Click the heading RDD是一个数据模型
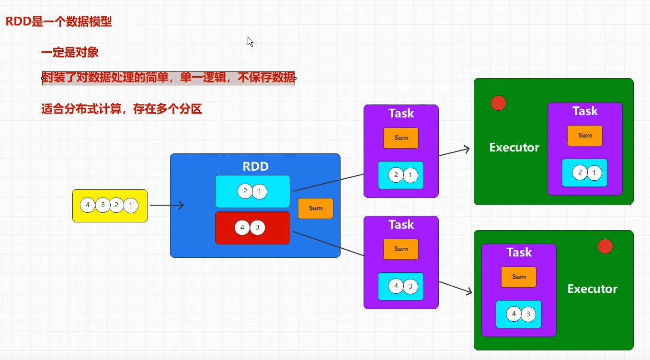58,22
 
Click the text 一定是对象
70,52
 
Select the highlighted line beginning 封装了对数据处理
168,78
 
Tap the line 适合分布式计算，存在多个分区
122,109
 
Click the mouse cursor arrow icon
250,41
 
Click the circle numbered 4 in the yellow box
88,206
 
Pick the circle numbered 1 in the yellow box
130,206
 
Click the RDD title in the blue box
255,166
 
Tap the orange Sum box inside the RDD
315,208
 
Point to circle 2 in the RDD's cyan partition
245,191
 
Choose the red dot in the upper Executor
499,103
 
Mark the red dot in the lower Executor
605,246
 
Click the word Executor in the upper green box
514,148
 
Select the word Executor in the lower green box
592,289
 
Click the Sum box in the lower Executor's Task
519,277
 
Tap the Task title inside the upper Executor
585,111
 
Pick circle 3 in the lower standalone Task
411,287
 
